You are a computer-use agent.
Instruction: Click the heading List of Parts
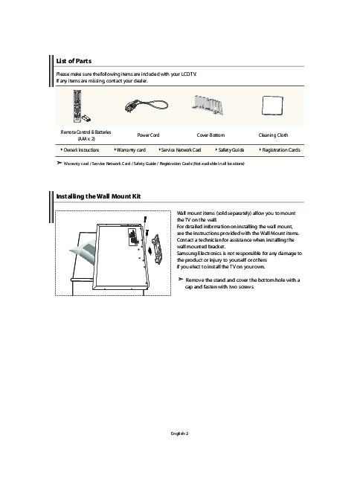click(74, 61)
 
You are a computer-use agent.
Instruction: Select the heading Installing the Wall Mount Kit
click(98, 196)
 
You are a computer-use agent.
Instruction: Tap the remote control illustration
click(77, 106)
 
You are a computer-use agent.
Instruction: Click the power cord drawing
click(147, 106)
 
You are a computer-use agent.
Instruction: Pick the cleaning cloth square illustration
click(272, 106)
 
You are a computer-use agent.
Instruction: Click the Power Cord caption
click(148, 135)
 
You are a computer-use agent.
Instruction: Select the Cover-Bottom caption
click(210, 135)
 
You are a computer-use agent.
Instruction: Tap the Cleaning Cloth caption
click(273, 135)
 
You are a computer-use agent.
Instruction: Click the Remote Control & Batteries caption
click(86, 135)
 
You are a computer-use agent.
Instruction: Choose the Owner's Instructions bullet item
click(80, 150)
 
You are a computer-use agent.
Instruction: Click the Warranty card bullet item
click(130, 150)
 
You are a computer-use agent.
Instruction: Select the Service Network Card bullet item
click(180, 150)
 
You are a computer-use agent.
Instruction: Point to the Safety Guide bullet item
click(230, 150)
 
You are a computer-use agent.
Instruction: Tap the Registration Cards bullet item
click(280, 150)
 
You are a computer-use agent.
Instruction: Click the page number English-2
click(179, 433)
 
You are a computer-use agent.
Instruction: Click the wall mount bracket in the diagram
click(156, 249)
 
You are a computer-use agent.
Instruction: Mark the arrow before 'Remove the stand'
click(180, 279)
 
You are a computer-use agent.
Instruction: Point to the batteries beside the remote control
click(86, 118)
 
